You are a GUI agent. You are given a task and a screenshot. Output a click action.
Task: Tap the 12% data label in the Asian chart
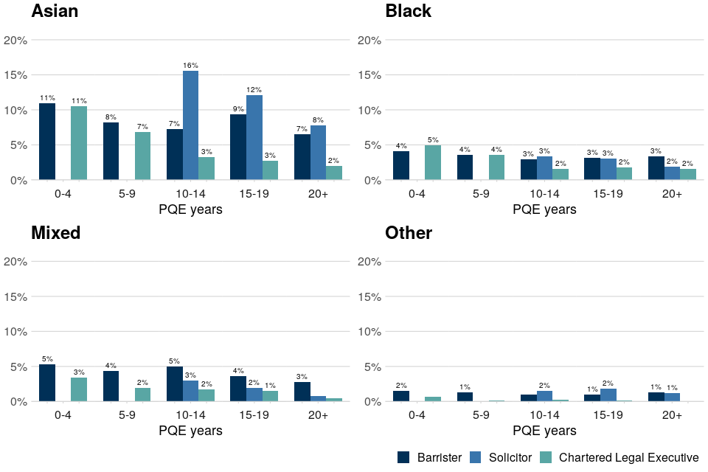pos(254,90)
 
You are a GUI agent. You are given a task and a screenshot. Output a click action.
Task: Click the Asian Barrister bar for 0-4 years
pos(47,142)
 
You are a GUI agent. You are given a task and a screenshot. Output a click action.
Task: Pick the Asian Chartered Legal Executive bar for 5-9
pos(142,156)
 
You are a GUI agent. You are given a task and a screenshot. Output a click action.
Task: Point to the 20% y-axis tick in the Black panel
pos(369,41)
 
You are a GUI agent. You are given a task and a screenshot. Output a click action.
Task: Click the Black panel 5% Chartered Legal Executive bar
pos(433,162)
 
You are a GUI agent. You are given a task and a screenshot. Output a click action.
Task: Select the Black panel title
pos(408,11)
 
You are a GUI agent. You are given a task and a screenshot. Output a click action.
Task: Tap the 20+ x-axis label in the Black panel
pos(671,194)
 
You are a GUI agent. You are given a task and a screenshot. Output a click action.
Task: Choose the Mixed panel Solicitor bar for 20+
pos(318,399)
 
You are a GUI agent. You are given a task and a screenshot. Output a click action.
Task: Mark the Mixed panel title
pos(55,233)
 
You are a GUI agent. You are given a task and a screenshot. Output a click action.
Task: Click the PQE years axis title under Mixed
pos(190,431)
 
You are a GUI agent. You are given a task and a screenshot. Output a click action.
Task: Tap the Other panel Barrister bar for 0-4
pos(401,396)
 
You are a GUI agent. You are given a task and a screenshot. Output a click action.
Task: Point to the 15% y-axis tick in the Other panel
pos(369,297)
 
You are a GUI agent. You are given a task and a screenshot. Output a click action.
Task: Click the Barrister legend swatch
pos(403,457)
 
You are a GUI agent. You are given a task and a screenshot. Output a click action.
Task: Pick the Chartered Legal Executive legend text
pos(628,457)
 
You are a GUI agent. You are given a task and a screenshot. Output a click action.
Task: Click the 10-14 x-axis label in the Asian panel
pos(190,194)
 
